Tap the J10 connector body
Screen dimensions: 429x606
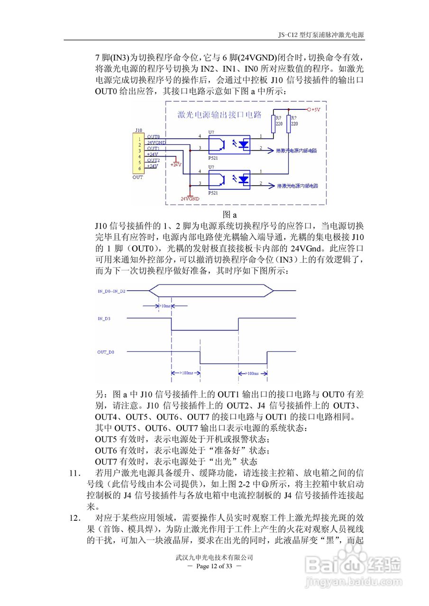pos(139,153)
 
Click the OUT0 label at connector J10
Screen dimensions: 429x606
pos(153,136)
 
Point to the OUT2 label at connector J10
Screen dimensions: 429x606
pos(153,160)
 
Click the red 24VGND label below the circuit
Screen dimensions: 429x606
pos(190,199)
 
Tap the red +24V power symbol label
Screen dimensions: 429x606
pos(176,164)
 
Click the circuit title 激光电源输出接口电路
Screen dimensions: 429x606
pos(219,115)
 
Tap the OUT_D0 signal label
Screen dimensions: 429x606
pos(106,352)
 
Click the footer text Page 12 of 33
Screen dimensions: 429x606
pos(215,566)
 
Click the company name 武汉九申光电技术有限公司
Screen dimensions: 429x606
pos(214,558)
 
